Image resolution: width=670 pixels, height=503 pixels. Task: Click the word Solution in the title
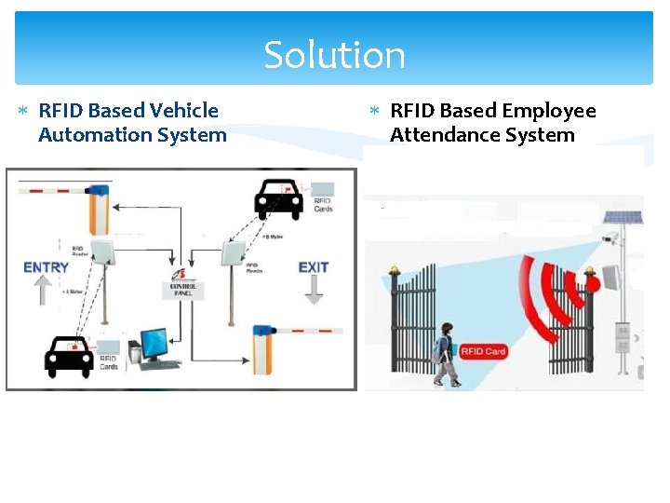pos(335,55)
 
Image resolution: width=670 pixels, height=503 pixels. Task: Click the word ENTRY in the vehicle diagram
pos(47,267)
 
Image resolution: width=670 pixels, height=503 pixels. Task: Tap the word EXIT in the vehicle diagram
pos(314,267)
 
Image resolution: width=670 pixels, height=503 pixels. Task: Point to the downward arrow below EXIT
pos(314,290)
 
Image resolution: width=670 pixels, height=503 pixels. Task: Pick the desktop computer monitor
pos(154,343)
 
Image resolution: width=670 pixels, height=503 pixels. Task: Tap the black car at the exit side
pos(282,198)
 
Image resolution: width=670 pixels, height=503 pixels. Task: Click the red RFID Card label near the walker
pos(484,350)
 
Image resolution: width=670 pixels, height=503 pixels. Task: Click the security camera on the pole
pos(610,239)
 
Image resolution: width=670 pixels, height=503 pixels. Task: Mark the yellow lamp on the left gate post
pos(395,272)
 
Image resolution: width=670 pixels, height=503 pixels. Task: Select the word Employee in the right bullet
pos(549,111)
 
